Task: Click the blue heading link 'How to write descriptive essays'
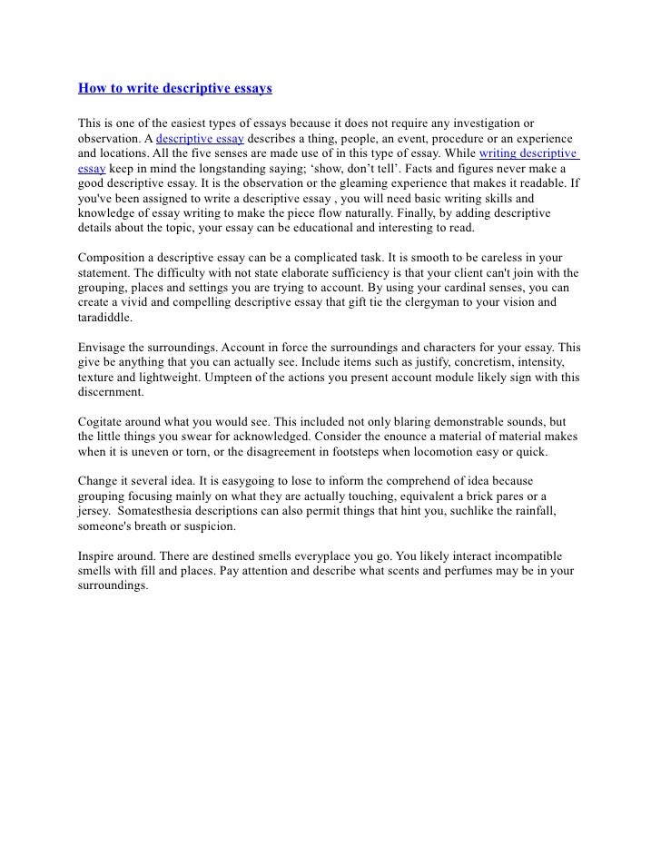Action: pos(174,89)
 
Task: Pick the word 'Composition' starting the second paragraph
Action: pos(110,257)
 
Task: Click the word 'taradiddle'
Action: pos(102,319)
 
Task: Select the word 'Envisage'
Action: pos(100,348)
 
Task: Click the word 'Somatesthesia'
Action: pos(157,512)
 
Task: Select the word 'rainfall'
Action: pos(529,512)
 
